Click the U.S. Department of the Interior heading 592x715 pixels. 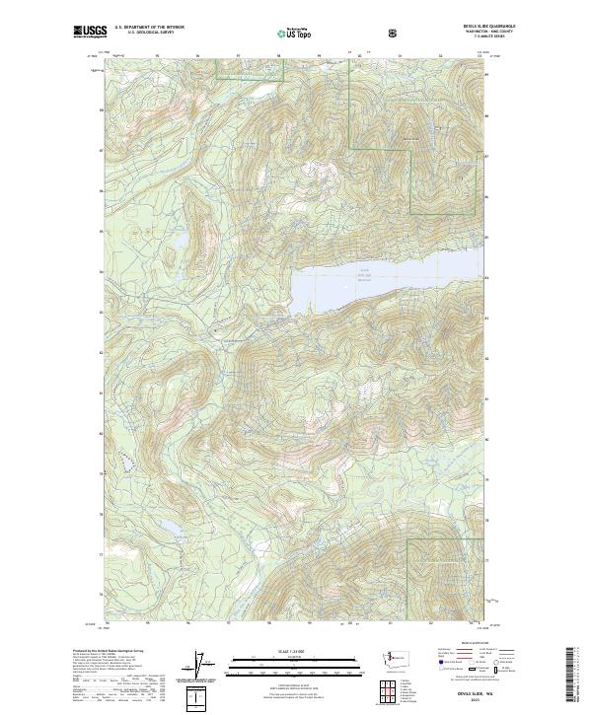150,28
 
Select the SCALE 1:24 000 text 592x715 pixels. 295,650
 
